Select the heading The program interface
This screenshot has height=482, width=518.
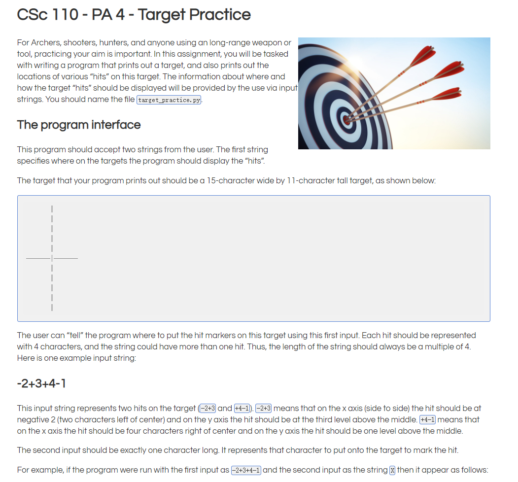click(79, 125)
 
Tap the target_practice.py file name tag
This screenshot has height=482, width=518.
click(169, 100)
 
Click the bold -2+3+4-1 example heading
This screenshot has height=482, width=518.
click(41, 383)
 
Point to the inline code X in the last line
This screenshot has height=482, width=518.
click(392, 470)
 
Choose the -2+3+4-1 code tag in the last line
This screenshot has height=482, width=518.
click(246, 470)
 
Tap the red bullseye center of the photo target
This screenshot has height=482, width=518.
click(346, 118)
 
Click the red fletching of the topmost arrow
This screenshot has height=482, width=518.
click(423, 53)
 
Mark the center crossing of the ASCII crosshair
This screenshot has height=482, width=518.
click(52, 258)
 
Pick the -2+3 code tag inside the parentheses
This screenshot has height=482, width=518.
click(207, 408)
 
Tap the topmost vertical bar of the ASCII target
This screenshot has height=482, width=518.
click(52, 208)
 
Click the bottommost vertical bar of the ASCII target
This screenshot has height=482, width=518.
click(52, 308)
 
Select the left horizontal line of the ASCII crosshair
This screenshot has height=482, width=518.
click(38, 258)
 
